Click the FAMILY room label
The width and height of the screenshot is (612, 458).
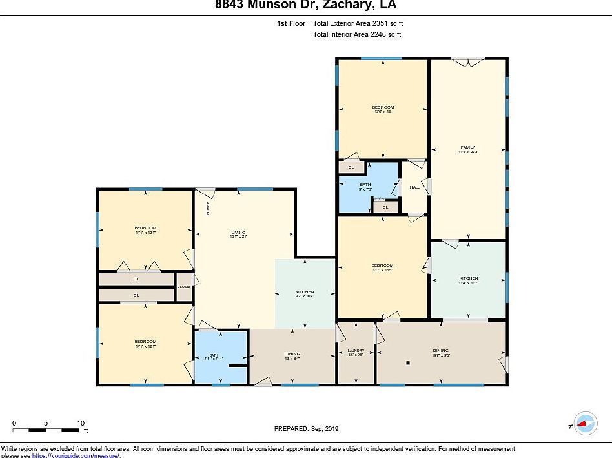[467, 147]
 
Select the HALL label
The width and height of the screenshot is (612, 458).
[414, 187]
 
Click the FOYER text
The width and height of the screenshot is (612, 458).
[208, 208]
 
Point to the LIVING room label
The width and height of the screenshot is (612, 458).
[238, 233]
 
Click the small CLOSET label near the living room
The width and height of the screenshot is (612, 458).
[184, 286]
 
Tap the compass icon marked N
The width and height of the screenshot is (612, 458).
[586, 424]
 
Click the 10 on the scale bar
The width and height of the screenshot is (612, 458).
[81, 424]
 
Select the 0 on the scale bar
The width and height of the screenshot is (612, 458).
[14, 424]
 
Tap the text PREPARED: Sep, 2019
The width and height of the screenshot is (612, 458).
[306, 429]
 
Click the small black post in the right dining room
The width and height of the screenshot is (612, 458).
[408, 363]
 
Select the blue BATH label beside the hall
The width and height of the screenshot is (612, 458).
[365, 185]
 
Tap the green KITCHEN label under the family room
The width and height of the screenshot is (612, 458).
[469, 278]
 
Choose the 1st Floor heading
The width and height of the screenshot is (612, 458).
[291, 23]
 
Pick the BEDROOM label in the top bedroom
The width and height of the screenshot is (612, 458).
[382, 107]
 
